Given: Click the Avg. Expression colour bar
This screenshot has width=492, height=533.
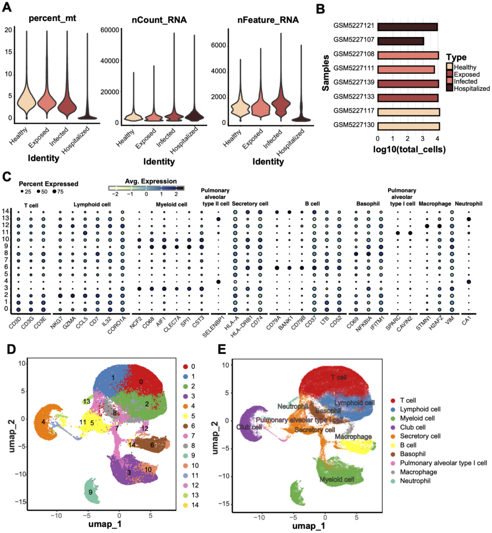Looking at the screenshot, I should [146, 188].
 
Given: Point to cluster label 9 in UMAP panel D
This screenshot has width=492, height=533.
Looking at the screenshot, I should [90, 492].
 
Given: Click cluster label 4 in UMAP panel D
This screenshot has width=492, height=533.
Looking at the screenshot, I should [43, 422].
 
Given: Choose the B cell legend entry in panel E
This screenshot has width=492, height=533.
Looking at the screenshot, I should [408, 445].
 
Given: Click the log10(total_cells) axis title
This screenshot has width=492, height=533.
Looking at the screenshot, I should [409, 149].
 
